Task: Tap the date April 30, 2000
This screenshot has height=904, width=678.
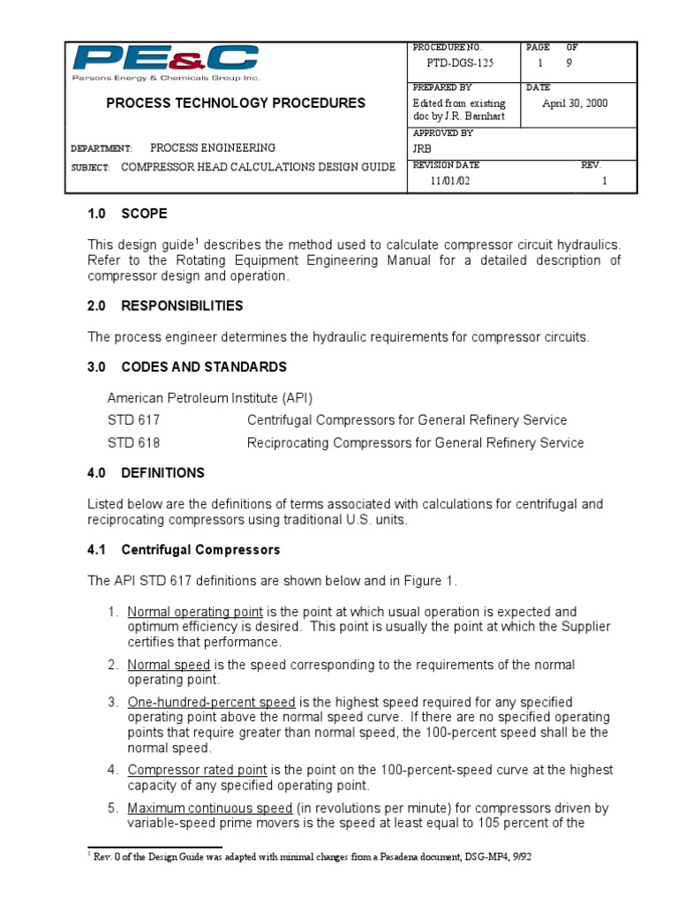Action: [575, 103]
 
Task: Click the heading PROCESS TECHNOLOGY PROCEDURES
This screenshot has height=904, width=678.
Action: [235, 103]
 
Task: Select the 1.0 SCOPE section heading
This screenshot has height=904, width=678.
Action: [127, 214]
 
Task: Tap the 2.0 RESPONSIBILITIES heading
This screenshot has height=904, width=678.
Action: [165, 306]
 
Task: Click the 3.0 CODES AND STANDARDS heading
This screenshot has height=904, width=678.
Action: [186, 367]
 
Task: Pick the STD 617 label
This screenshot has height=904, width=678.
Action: [134, 420]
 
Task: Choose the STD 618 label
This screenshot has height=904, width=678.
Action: [134, 442]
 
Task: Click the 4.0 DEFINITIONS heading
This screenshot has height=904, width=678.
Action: [146, 473]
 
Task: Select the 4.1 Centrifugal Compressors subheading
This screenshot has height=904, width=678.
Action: [184, 550]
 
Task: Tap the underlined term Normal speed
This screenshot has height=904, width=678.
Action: [169, 665]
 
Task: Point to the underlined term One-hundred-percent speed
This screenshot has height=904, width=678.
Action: [211, 703]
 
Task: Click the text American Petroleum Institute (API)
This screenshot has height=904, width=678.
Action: [210, 397]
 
